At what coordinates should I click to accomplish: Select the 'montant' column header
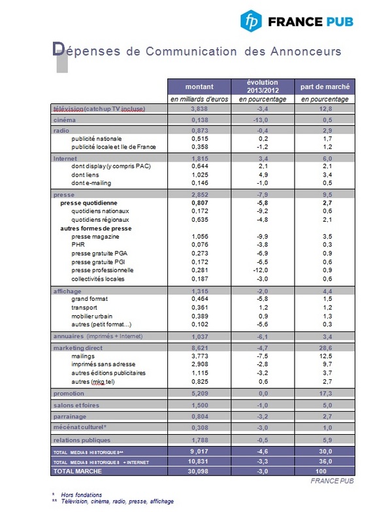[199, 86]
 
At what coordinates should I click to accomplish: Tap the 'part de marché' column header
[325, 86]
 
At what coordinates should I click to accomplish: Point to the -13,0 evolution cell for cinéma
[263, 120]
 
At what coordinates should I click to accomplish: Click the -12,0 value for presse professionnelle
[263, 269]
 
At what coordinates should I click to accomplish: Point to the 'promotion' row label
[69, 394]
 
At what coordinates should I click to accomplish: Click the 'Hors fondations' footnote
[78, 494]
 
